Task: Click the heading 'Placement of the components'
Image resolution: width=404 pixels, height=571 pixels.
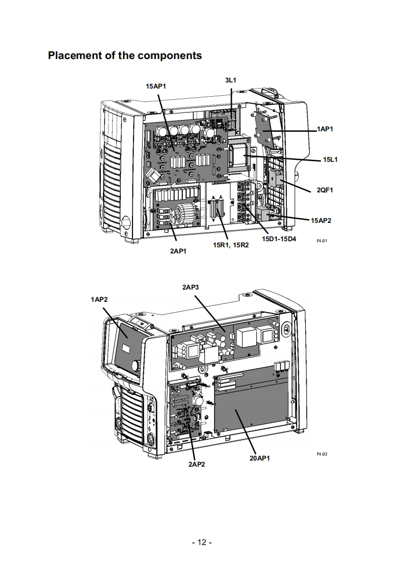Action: [125, 55]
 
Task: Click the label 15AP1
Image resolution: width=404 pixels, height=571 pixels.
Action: [156, 87]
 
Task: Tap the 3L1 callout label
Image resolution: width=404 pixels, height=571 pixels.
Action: [230, 80]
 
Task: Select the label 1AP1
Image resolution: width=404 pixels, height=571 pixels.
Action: [325, 129]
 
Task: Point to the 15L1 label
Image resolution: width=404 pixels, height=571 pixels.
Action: [330, 159]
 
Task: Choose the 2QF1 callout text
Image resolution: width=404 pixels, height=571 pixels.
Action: [325, 190]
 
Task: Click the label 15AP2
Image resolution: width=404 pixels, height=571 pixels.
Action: [321, 220]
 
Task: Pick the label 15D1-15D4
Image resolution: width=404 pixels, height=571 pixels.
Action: [279, 239]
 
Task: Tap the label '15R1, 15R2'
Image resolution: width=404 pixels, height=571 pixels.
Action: [231, 245]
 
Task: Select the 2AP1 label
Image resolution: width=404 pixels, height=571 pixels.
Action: [178, 251]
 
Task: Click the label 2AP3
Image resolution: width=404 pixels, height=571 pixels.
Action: [191, 288]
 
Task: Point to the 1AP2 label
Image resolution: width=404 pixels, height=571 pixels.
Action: [99, 299]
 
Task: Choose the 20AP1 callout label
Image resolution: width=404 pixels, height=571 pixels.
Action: [260, 458]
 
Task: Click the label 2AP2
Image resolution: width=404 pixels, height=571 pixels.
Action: [197, 464]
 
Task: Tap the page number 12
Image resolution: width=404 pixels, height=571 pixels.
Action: [202, 542]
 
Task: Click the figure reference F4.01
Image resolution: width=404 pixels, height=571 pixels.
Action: [322, 241]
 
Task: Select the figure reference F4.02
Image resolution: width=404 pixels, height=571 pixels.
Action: [322, 454]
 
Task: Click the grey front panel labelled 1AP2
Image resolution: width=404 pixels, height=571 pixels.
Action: [127, 346]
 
